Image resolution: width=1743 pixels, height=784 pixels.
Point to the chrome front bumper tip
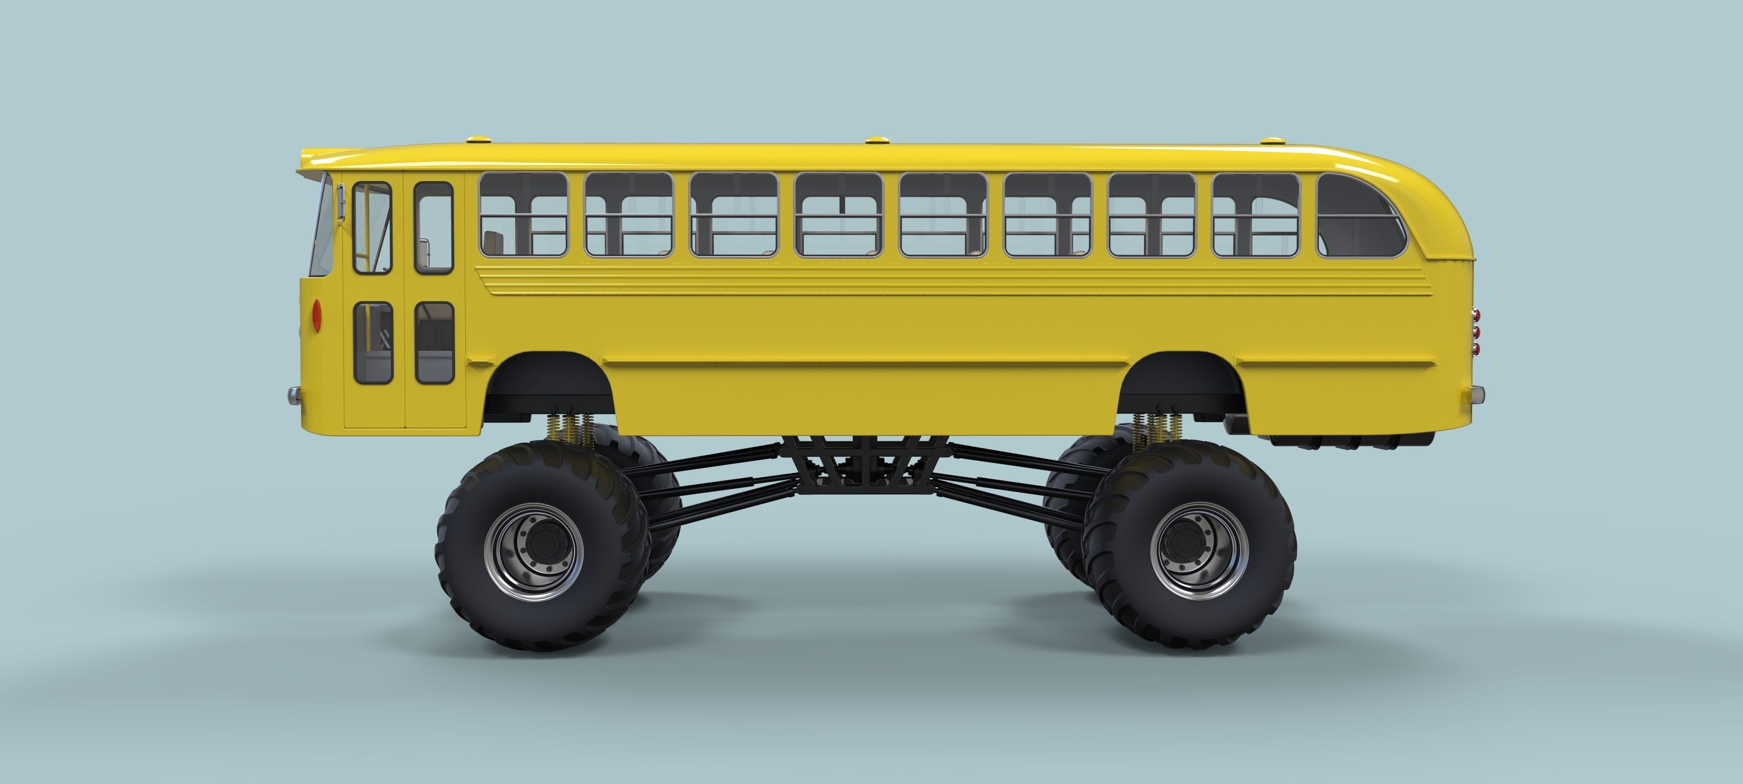294,395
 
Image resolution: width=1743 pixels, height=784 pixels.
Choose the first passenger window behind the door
523,214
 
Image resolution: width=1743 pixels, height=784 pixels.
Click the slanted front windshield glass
323,226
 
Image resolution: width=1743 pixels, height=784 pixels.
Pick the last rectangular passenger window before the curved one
1256,214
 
